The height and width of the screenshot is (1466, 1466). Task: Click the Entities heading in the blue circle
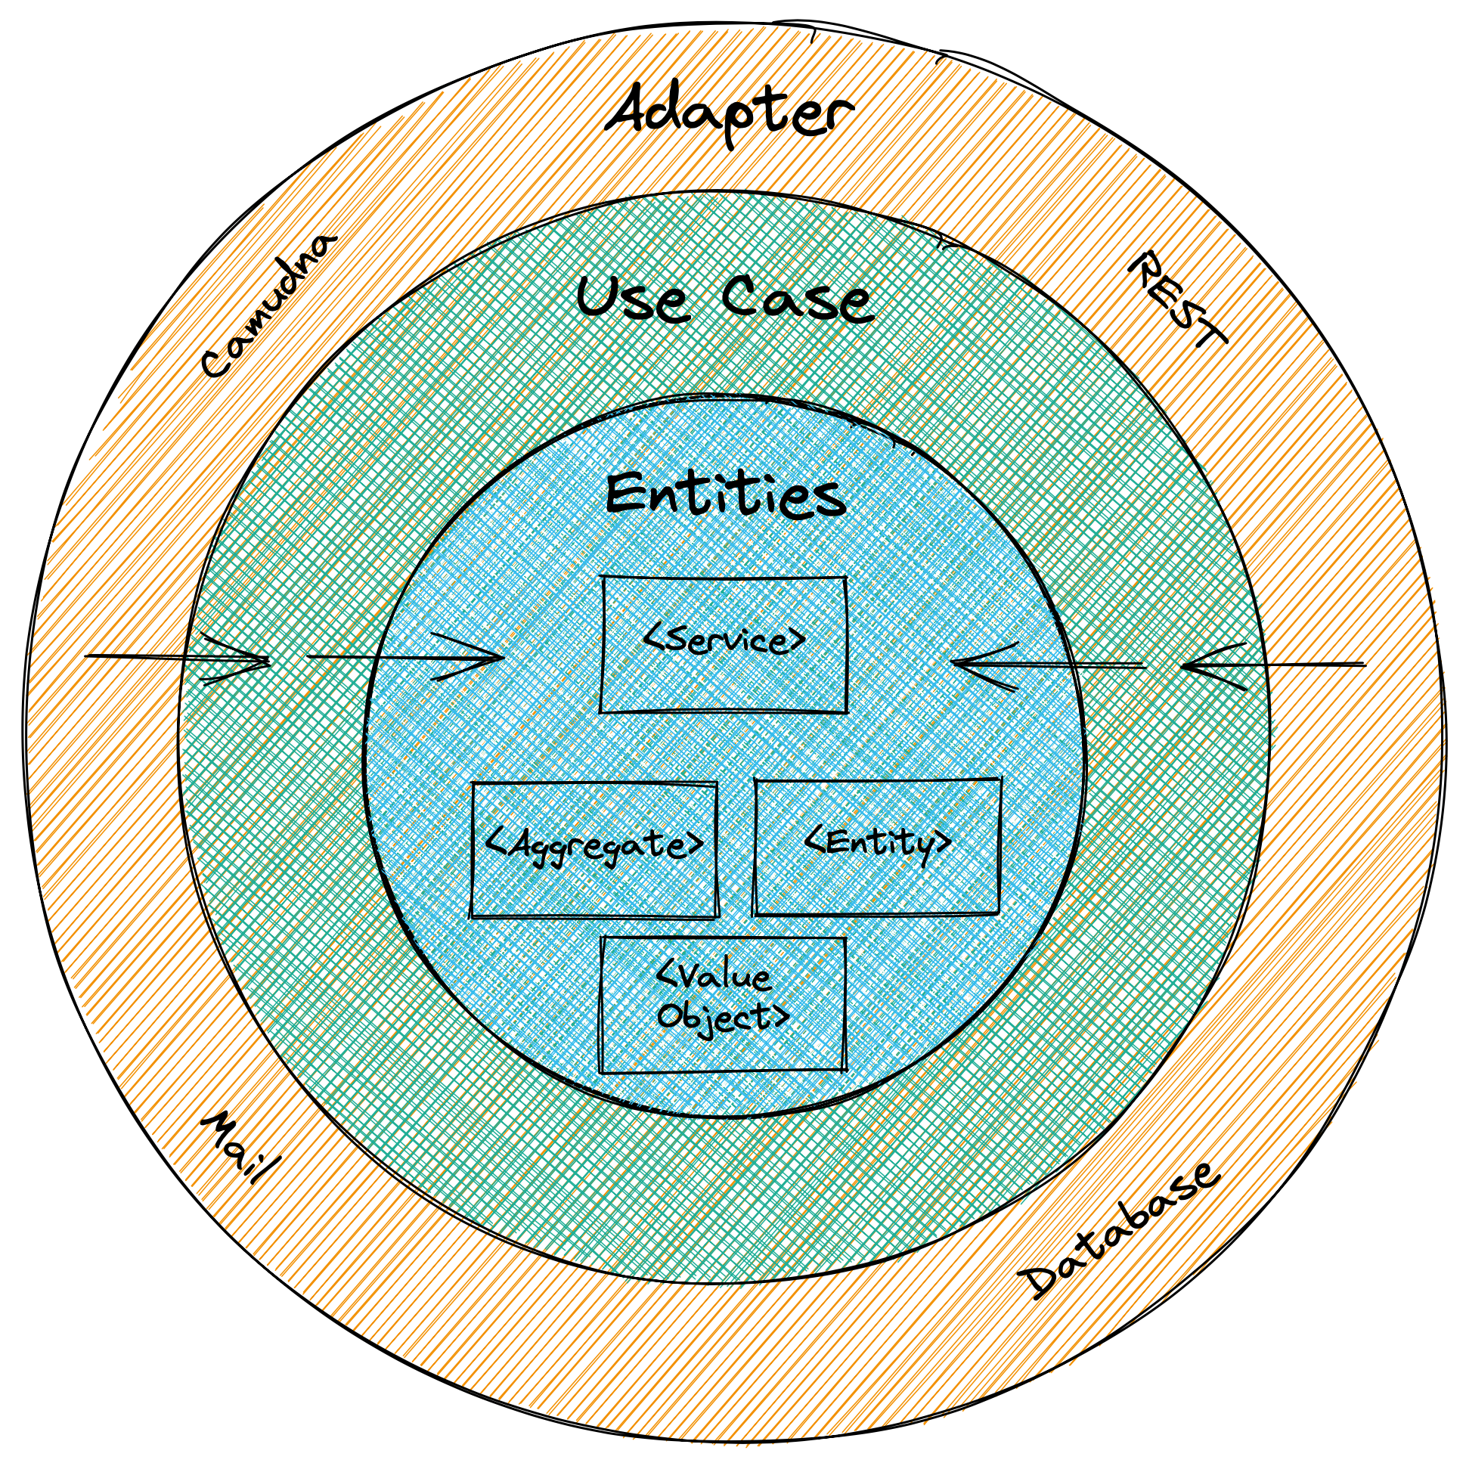coord(724,497)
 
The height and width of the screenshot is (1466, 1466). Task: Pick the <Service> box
coord(723,646)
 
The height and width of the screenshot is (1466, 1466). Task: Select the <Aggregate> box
coord(594,850)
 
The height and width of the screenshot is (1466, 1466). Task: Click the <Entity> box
coord(876,847)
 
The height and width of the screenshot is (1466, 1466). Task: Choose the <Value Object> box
coord(722,1005)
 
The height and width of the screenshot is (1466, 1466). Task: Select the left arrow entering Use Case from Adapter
coord(182,657)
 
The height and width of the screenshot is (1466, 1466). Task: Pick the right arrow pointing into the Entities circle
coord(1047,665)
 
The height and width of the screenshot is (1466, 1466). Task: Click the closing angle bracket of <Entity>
coord(941,842)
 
